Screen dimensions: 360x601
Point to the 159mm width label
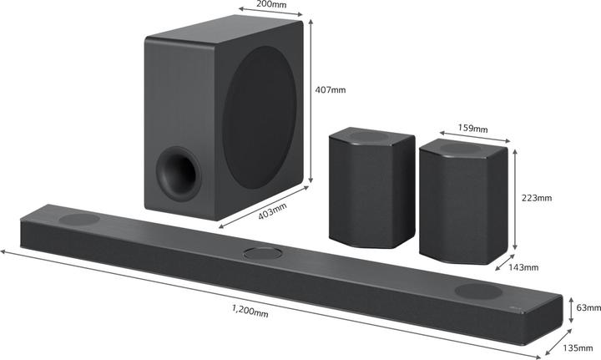click(x=473, y=129)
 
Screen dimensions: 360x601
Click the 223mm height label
click(x=538, y=198)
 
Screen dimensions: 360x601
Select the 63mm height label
click(x=589, y=307)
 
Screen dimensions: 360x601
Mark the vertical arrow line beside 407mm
click(x=311, y=100)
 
